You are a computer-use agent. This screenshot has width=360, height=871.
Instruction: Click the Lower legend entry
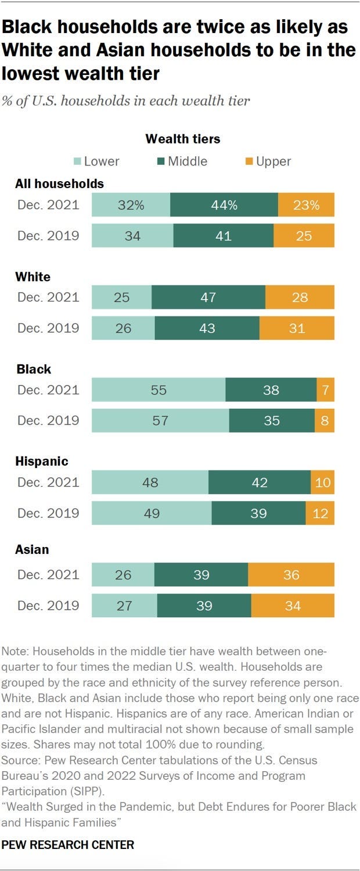(x=98, y=161)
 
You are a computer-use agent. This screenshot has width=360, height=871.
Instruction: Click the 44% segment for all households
(x=224, y=205)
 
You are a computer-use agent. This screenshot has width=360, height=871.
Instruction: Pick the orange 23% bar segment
(x=306, y=205)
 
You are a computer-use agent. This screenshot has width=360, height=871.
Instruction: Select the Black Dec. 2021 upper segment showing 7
(x=325, y=390)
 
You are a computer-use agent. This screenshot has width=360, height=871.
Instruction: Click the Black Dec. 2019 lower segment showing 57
(x=160, y=420)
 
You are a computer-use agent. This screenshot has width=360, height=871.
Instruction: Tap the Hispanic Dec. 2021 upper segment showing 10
(x=322, y=483)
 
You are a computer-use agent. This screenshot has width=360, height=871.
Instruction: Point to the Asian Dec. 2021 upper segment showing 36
(x=291, y=575)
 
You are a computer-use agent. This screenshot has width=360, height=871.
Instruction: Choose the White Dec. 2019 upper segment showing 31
(x=297, y=328)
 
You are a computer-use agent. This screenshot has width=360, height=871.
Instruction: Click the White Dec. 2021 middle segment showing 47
(x=208, y=297)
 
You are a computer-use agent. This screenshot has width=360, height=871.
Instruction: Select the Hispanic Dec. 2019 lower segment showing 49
(x=152, y=513)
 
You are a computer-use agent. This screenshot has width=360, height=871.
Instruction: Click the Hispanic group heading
(x=42, y=462)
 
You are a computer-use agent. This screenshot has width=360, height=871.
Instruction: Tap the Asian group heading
(x=32, y=549)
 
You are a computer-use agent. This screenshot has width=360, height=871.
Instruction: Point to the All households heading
(x=59, y=183)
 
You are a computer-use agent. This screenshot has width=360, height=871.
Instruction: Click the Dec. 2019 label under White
(x=48, y=328)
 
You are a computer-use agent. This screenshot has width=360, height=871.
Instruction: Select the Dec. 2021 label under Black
(x=48, y=390)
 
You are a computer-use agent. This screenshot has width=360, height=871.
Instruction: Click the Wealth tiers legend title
(x=182, y=139)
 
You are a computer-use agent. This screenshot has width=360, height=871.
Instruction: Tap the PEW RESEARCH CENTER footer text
(x=68, y=845)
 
